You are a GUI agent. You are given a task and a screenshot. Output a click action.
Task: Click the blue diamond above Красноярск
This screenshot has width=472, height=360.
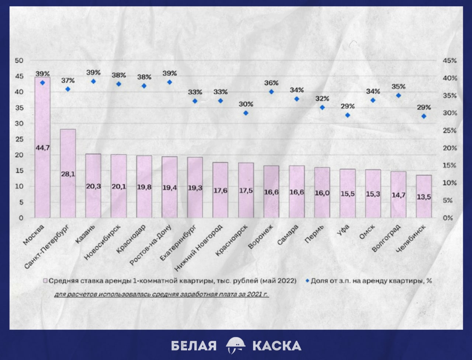[x=246, y=113]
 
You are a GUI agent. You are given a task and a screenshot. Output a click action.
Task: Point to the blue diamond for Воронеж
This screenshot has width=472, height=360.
[x=271, y=92]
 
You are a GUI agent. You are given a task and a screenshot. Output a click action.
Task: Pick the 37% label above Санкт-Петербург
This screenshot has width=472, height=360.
[x=68, y=80]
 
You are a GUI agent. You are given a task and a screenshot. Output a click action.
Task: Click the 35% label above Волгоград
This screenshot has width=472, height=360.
[x=398, y=87]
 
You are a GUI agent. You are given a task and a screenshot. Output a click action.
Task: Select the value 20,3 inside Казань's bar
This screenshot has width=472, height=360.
[x=93, y=186]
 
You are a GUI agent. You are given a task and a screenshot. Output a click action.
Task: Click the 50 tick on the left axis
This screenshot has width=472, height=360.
[x=19, y=61]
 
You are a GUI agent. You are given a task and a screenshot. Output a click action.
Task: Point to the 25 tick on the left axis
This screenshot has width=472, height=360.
[x=19, y=139]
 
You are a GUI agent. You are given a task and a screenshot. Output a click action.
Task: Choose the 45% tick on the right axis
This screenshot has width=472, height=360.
[x=450, y=61]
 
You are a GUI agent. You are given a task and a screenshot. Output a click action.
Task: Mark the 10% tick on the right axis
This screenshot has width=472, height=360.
[x=450, y=183]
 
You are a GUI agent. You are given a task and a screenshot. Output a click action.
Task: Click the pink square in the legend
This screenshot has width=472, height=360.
[x=45, y=281]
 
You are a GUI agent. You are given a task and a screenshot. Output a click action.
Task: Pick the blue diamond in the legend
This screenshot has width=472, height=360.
[x=307, y=281]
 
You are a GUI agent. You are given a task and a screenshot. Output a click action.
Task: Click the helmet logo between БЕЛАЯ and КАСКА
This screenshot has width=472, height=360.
[x=235, y=345]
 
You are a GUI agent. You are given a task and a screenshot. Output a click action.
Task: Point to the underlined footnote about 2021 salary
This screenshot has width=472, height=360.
[x=162, y=295]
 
